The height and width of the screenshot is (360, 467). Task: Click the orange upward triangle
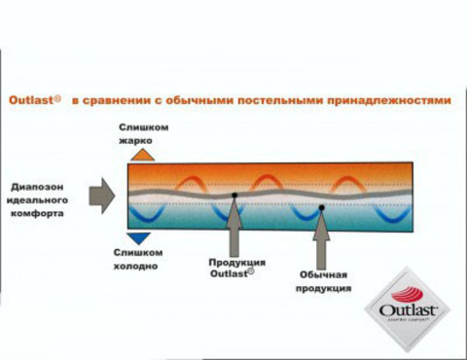(141, 154)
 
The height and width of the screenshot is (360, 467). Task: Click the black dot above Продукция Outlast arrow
(234, 197)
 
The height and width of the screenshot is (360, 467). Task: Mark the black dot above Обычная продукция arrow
(322, 207)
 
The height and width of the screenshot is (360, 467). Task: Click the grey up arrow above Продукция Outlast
(234, 230)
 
